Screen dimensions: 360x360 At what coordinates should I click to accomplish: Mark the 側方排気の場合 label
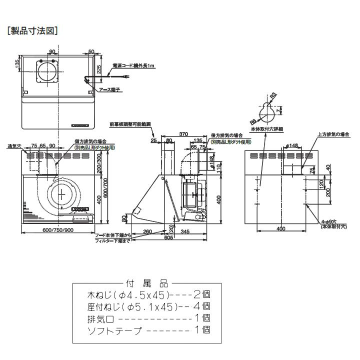click(93, 142)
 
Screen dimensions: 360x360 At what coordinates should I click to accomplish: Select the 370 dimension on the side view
click(183, 134)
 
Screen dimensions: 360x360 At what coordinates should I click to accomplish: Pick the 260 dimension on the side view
click(147, 231)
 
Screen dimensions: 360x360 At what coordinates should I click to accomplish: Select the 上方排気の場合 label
click(333, 134)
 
